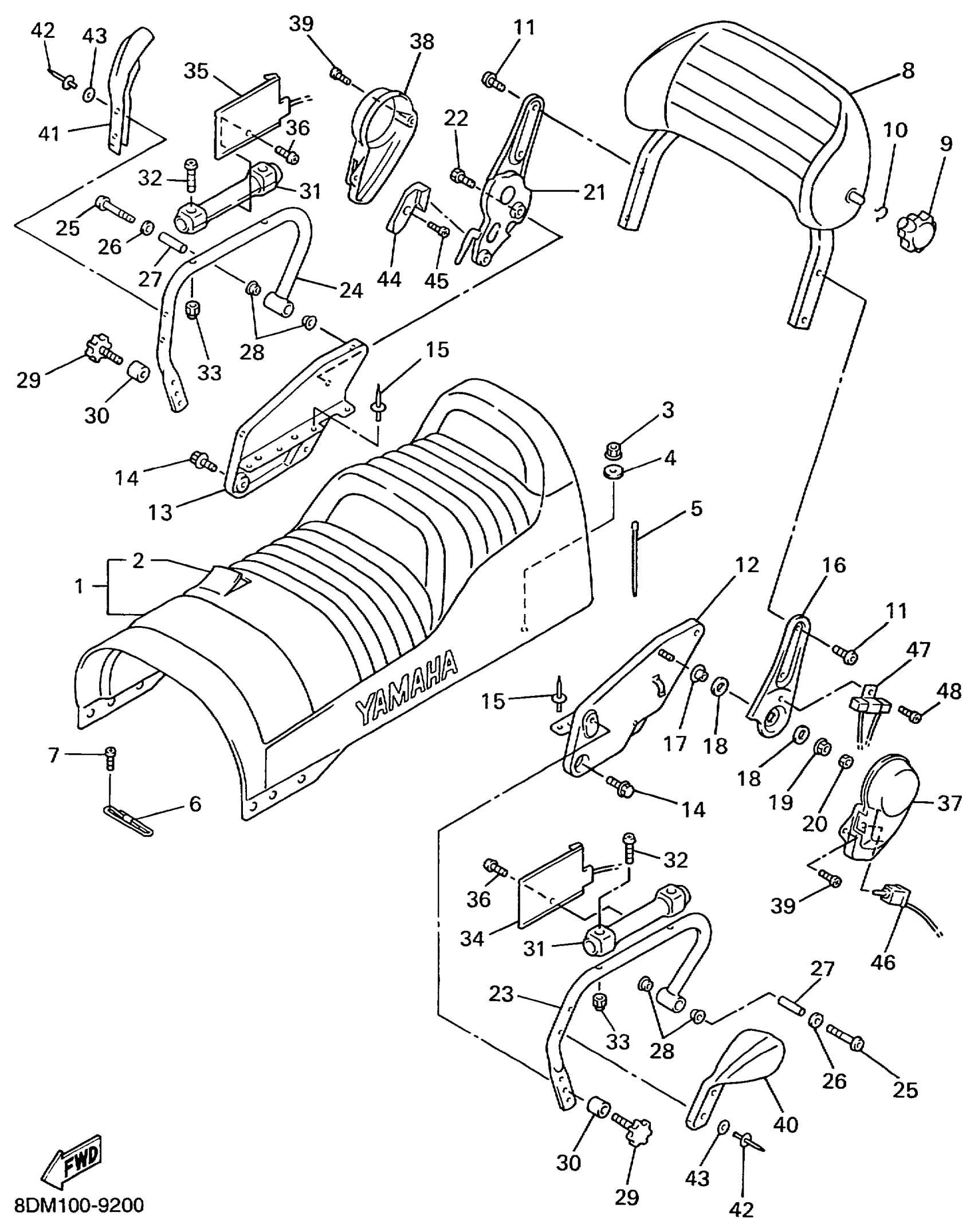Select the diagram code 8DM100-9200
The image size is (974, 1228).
coord(78,1205)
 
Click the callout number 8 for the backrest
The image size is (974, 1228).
coord(908,71)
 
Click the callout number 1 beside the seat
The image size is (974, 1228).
coord(79,586)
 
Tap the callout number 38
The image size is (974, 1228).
coord(422,42)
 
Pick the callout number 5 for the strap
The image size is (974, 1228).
coord(696,508)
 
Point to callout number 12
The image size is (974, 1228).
coord(747,565)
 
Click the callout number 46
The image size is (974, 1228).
coord(883,962)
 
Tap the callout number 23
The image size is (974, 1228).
coord(501,994)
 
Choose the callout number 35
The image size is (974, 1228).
coord(196,70)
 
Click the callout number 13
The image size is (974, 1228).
coord(160,511)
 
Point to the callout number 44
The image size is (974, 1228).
coord(390,280)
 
